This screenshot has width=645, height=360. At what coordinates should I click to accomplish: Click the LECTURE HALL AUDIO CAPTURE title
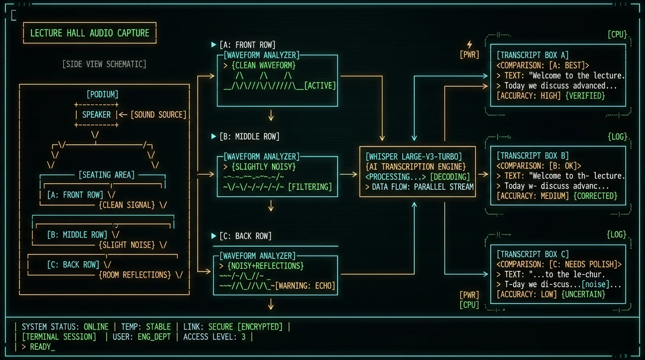[90, 33]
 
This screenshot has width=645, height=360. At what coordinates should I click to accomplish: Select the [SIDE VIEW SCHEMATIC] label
[104, 64]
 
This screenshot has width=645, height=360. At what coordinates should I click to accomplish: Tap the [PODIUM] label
[103, 95]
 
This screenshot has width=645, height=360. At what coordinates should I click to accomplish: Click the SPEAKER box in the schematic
[97, 115]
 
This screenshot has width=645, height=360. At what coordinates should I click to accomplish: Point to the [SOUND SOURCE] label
[158, 115]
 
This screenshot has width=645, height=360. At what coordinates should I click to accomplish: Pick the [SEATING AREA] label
[106, 175]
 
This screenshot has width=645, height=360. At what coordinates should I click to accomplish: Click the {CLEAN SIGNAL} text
[127, 205]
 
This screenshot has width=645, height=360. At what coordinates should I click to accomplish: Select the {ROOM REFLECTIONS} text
[135, 275]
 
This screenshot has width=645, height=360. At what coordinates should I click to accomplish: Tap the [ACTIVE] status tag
[320, 85]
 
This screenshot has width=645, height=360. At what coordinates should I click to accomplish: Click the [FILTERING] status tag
[310, 187]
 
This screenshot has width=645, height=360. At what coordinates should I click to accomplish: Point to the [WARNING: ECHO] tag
[305, 285]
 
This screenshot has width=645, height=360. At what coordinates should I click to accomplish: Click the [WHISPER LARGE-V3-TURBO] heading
[413, 157]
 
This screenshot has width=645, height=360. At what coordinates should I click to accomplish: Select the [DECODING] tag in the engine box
[450, 177]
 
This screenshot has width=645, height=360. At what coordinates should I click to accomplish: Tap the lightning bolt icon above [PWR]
[470, 45]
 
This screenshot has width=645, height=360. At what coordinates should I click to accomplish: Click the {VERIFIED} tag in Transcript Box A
[585, 96]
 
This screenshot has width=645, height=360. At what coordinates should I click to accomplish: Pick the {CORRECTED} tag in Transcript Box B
[595, 196]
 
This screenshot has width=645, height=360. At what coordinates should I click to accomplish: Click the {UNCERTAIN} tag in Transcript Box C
[584, 294]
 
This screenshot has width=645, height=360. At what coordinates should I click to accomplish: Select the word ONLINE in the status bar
[96, 327]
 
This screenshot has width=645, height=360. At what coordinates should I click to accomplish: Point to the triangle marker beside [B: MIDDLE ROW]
[214, 136]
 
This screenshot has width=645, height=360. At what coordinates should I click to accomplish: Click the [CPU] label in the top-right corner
[617, 34]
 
